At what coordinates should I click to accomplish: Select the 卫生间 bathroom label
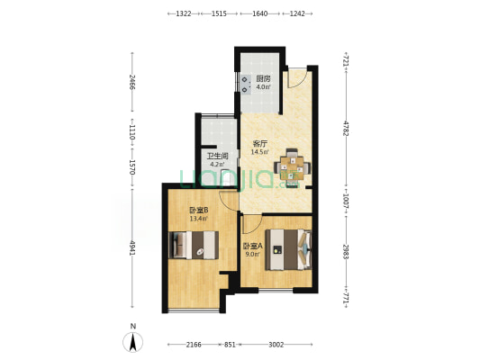click(x=218, y=156)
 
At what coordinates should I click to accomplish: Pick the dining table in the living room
click(x=293, y=168)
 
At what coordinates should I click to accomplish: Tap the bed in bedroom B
click(x=194, y=245)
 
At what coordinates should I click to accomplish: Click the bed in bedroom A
click(x=289, y=249)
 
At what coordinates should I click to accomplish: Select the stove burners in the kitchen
click(x=246, y=85)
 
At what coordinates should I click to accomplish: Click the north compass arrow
click(x=133, y=342)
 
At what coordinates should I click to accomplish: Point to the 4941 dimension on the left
click(x=132, y=248)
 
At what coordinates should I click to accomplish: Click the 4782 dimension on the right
click(x=346, y=128)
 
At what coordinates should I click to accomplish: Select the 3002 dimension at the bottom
click(x=276, y=345)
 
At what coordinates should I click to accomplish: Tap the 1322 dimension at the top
click(x=184, y=13)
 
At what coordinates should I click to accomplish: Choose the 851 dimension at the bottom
click(x=230, y=345)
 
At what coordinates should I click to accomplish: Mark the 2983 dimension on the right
click(x=346, y=251)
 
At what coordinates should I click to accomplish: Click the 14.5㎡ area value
click(x=260, y=152)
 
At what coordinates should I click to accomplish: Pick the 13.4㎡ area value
click(x=199, y=219)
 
